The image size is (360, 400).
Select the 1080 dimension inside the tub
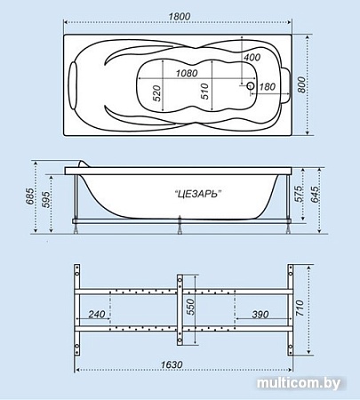[186, 72]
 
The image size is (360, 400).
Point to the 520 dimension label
[156, 94]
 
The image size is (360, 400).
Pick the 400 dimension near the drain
[251, 58]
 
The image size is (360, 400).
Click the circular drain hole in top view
[250, 87]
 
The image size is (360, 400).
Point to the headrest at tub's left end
[76, 85]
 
